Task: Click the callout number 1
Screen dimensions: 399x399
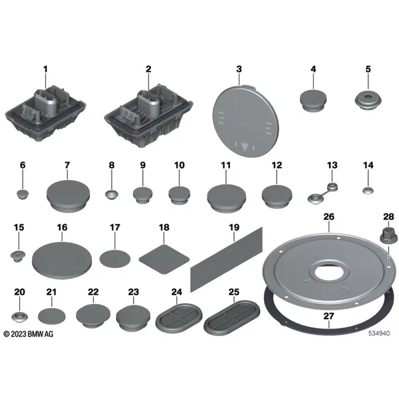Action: coord(45,69)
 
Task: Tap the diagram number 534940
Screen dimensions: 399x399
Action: coord(379,333)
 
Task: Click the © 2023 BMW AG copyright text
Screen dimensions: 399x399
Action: coord(29,334)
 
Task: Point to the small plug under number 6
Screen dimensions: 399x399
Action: coord(23,194)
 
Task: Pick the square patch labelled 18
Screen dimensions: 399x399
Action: coord(164,259)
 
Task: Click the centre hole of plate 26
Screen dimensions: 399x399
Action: coord(329,272)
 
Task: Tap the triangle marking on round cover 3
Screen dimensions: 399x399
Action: coord(245,147)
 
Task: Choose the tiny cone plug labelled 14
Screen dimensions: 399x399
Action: coord(368,191)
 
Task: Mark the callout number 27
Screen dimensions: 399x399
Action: coord(329,317)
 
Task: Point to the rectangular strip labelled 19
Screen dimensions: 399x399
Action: coord(227,259)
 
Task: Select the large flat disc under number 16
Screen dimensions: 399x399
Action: coord(62,260)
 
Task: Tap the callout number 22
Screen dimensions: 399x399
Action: coord(93,292)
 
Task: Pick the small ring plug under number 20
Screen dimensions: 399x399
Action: coord(19,317)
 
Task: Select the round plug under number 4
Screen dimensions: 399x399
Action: coord(313,100)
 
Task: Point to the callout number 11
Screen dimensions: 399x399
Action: coord(225,166)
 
